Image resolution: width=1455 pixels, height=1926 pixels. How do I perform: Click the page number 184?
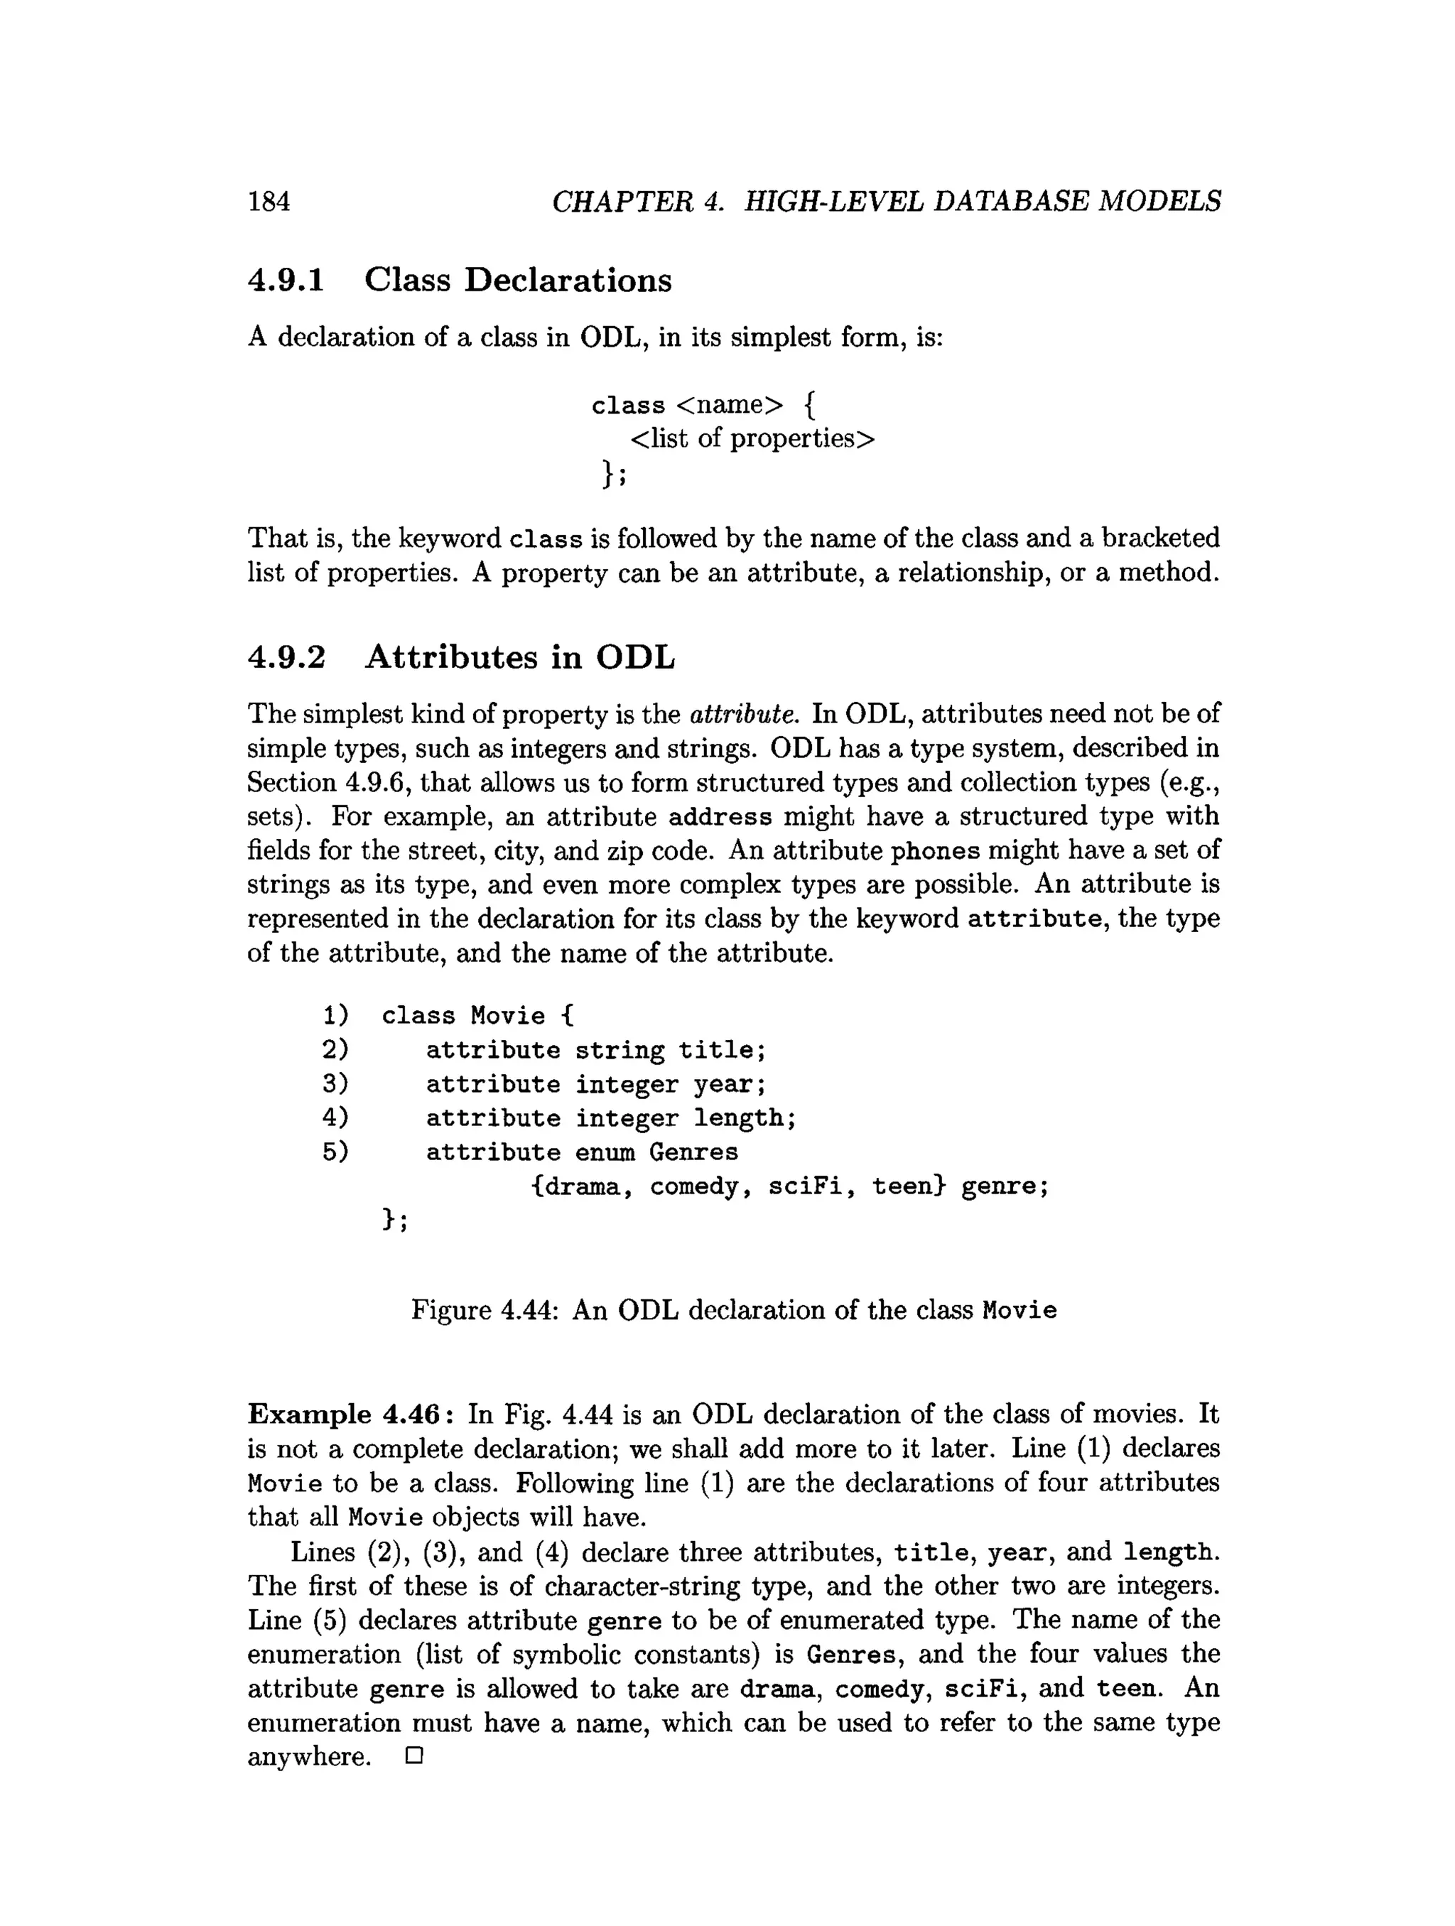pyautogui.click(x=269, y=202)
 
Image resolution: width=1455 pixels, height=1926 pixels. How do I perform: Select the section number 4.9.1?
pyautogui.click(x=286, y=281)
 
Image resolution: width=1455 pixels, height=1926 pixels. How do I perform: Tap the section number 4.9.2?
pyautogui.click(x=286, y=656)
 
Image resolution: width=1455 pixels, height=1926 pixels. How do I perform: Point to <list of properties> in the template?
pyautogui.click(x=752, y=438)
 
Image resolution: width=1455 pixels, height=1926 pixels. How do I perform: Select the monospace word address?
pyautogui.click(x=720, y=817)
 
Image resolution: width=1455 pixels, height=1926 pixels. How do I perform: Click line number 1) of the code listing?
pyautogui.click(x=335, y=1015)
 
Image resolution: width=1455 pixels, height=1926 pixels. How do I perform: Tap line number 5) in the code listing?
pyautogui.click(x=335, y=1152)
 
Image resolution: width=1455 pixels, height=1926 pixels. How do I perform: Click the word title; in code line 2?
pyautogui.click(x=722, y=1050)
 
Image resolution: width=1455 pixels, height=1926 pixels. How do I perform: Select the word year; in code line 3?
pyautogui.click(x=730, y=1084)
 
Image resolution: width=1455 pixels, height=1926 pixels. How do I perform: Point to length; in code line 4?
pyautogui.click(x=745, y=1118)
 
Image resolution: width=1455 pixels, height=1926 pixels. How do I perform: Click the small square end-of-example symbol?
pyautogui.click(x=413, y=1756)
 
